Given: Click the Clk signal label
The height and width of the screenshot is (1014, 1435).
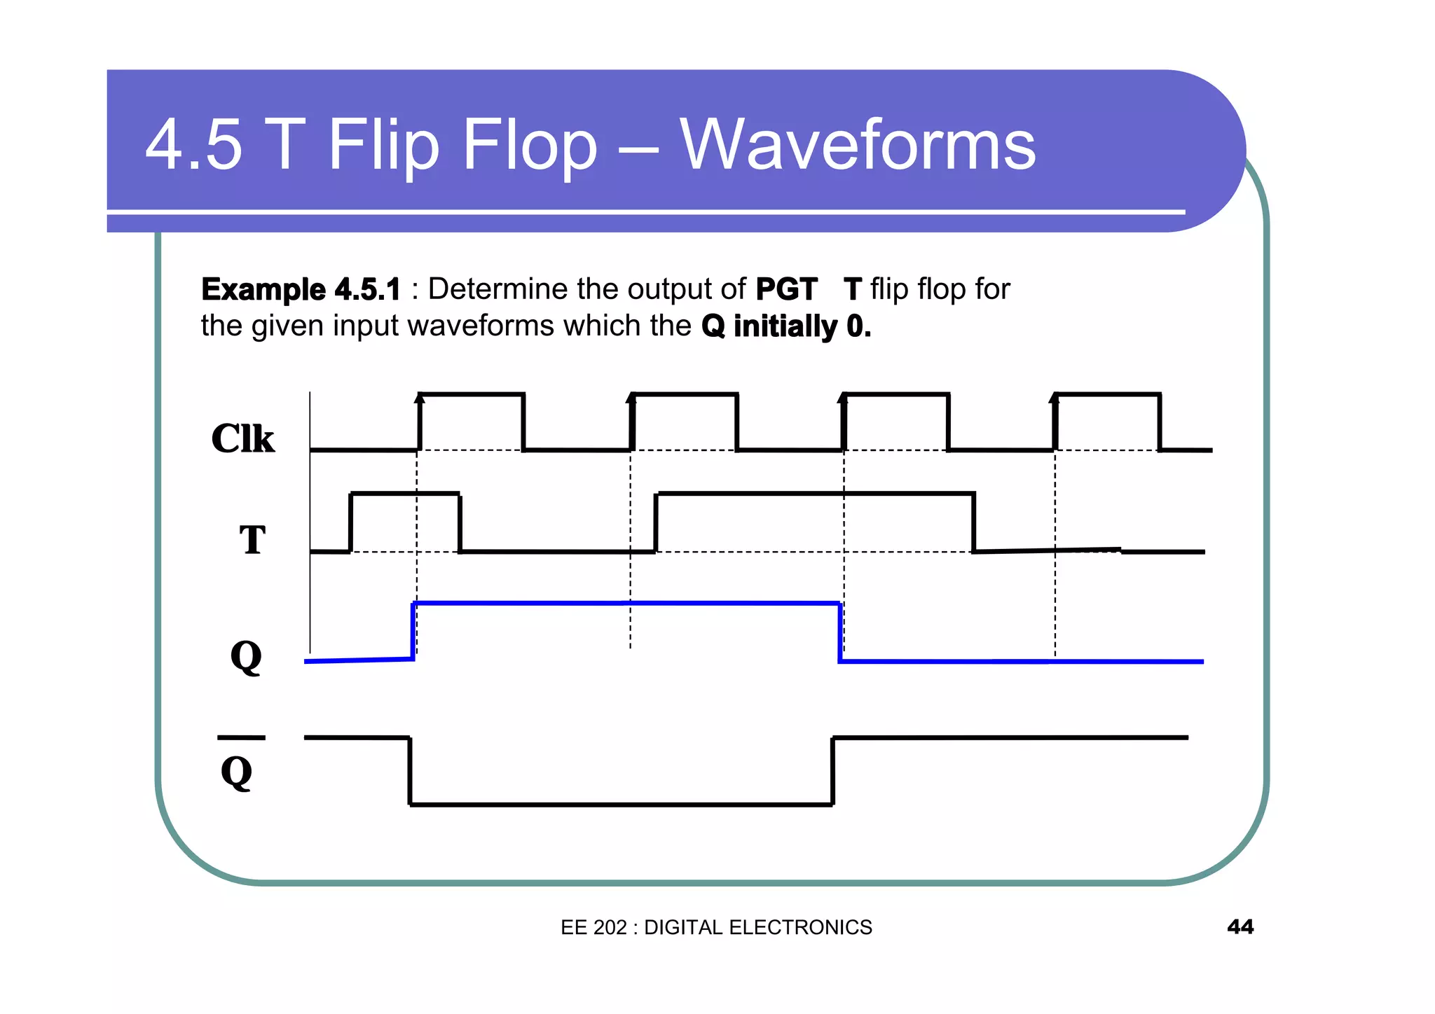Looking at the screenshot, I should (x=242, y=439).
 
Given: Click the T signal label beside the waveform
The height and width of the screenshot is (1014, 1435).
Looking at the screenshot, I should (x=252, y=540).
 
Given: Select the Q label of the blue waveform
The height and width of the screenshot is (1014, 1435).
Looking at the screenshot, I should (x=246, y=656).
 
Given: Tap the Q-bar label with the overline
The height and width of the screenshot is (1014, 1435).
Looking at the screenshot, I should (x=237, y=770).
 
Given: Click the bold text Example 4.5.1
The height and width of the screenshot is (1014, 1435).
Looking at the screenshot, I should (x=301, y=289).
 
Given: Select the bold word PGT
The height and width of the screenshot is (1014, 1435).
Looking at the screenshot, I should (x=786, y=289).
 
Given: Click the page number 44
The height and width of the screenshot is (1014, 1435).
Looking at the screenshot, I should (x=1240, y=926).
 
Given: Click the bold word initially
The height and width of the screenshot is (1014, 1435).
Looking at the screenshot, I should (x=785, y=326).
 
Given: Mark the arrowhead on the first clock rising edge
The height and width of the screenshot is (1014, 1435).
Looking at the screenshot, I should (x=420, y=398).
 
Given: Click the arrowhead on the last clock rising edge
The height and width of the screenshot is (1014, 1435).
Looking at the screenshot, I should (x=1055, y=398).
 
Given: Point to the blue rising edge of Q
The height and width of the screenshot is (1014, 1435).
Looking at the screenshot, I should (x=413, y=630).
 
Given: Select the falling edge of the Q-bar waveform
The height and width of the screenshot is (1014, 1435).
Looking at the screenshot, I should (x=410, y=770).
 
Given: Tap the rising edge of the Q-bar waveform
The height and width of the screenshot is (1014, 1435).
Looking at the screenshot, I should (x=832, y=770).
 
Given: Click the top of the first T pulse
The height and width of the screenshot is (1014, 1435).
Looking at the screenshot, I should (x=404, y=494).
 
